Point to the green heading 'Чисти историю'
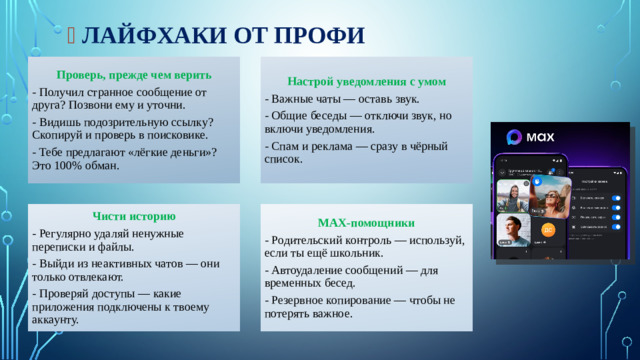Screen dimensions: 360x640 pyautogui.click(x=133, y=216)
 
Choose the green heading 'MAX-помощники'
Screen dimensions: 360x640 pyautogui.click(x=365, y=222)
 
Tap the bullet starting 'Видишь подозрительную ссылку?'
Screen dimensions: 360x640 pyautogui.click(x=121, y=128)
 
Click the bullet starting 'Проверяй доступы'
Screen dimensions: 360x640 pyautogui.click(x=121, y=306)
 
